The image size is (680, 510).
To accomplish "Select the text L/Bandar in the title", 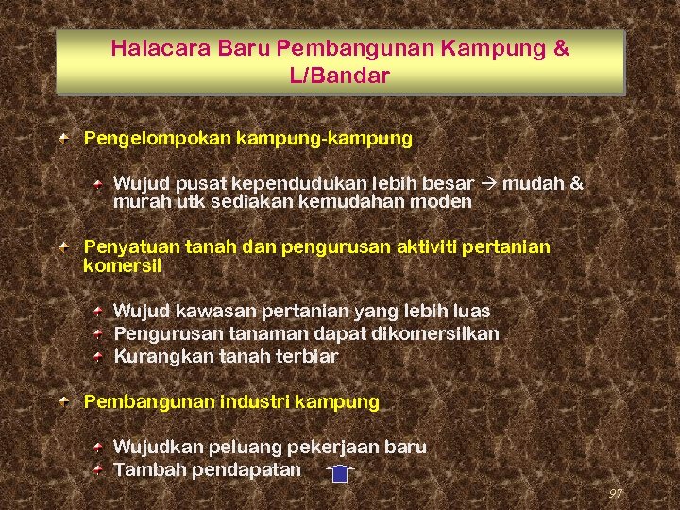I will coord(339,76).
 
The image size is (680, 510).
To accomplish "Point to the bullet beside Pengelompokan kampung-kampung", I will coord(62,139).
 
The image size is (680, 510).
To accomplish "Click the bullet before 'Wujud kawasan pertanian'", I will coord(99,311).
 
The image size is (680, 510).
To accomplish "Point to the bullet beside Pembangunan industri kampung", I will coord(62,402).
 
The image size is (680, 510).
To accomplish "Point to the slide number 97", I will coord(616,493).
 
